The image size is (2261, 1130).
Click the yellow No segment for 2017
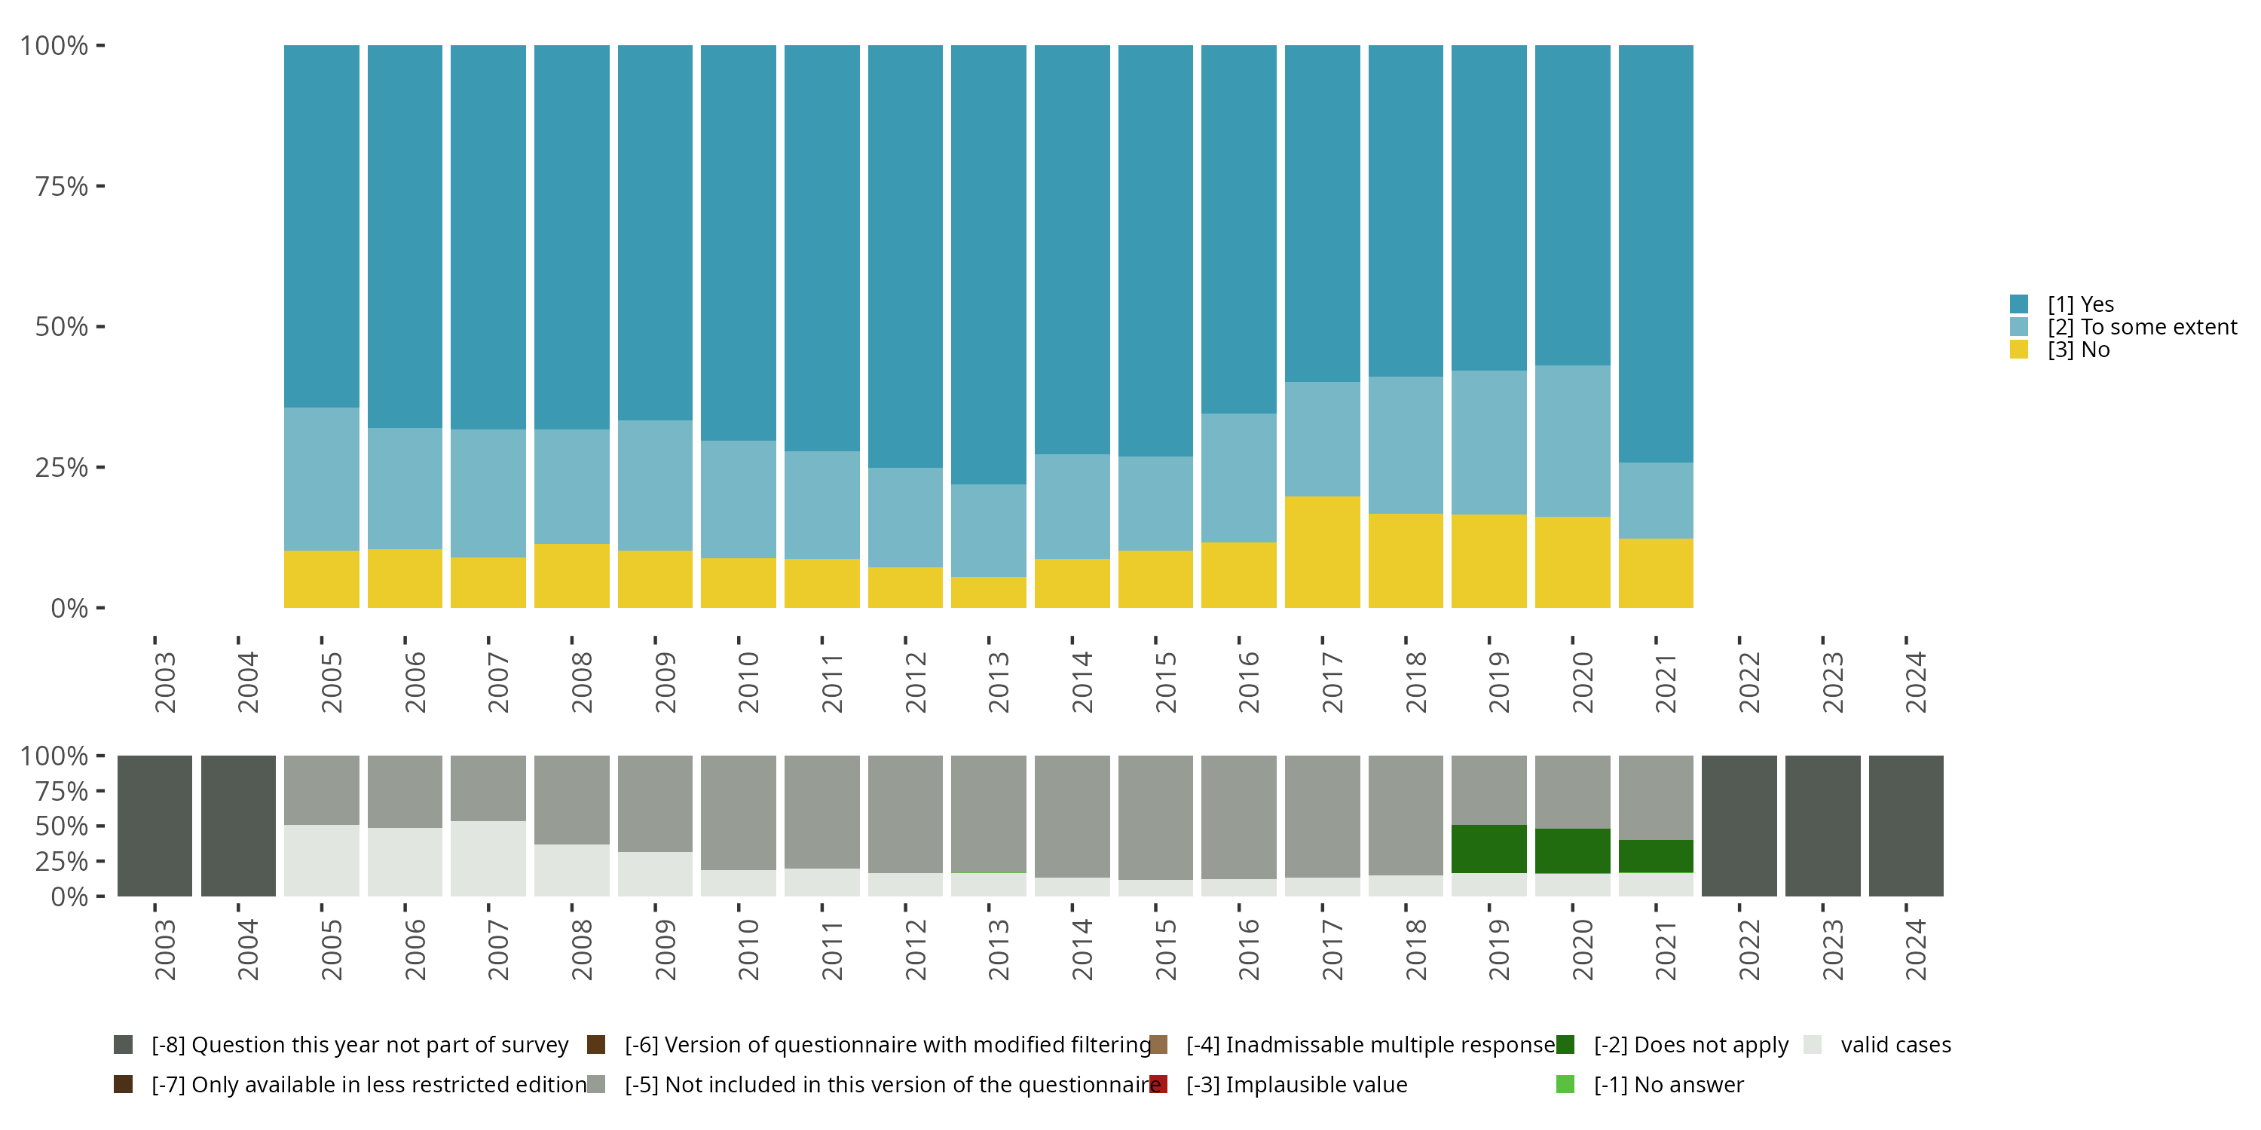click(1322, 552)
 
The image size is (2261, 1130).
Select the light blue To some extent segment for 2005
click(321, 478)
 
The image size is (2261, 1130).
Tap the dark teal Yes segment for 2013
click(988, 263)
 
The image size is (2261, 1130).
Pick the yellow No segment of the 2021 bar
click(1655, 573)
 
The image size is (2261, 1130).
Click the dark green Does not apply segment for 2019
click(1488, 848)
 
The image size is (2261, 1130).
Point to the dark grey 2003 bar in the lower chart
click(155, 826)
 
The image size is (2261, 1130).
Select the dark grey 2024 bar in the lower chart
click(1905, 826)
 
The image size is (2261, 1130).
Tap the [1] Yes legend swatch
click(2019, 304)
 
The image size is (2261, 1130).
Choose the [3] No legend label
click(2079, 350)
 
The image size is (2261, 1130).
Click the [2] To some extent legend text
click(2142, 327)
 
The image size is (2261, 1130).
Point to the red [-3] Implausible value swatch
click(1158, 1084)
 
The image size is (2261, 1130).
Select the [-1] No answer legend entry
click(1668, 1084)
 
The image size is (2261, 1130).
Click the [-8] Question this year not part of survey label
click(359, 1045)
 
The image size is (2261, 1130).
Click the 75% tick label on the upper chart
click(62, 186)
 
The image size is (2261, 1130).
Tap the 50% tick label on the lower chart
click(62, 826)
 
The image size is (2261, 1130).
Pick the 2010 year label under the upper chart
click(748, 682)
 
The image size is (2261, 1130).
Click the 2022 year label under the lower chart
click(1749, 949)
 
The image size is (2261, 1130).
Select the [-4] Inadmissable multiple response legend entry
click(1369, 1045)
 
